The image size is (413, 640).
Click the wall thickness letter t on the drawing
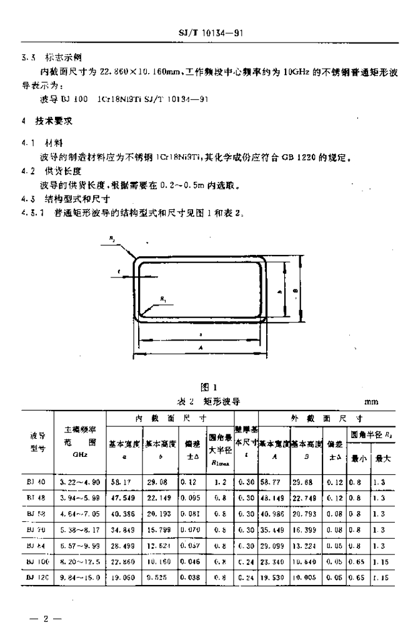[119, 272]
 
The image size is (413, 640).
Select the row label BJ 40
[36, 482]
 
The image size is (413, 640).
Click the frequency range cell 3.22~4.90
[79, 482]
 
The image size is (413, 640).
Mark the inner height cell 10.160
[159, 562]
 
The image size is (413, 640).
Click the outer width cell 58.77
[271, 482]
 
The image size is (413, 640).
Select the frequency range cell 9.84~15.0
[81, 578]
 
